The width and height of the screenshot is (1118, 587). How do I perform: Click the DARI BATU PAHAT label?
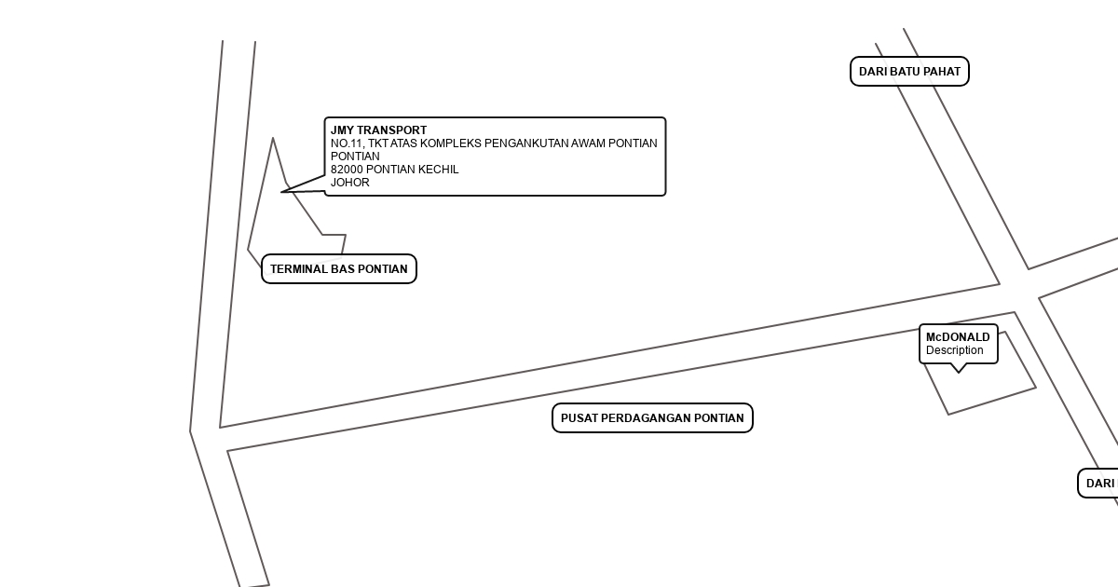(x=909, y=72)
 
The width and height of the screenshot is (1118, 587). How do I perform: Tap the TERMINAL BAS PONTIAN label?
(x=339, y=269)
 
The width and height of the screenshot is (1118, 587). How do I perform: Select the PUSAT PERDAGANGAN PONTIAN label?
(x=652, y=418)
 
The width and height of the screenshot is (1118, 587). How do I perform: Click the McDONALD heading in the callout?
(x=958, y=337)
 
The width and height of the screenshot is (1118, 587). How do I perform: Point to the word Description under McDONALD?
(x=954, y=350)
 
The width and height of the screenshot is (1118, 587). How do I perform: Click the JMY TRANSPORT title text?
(x=378, y=130)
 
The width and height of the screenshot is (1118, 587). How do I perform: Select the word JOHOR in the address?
(x=350, y=183)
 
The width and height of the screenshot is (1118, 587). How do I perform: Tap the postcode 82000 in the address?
(x=347, y=170)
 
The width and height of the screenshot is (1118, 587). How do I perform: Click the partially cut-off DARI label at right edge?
(x=1100, y=484)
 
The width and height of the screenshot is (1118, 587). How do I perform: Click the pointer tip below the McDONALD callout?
(x=959, y=371)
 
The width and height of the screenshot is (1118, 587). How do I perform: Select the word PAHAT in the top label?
(x=941, y=72)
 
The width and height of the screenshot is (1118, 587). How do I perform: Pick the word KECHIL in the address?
(x=440, y=170)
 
